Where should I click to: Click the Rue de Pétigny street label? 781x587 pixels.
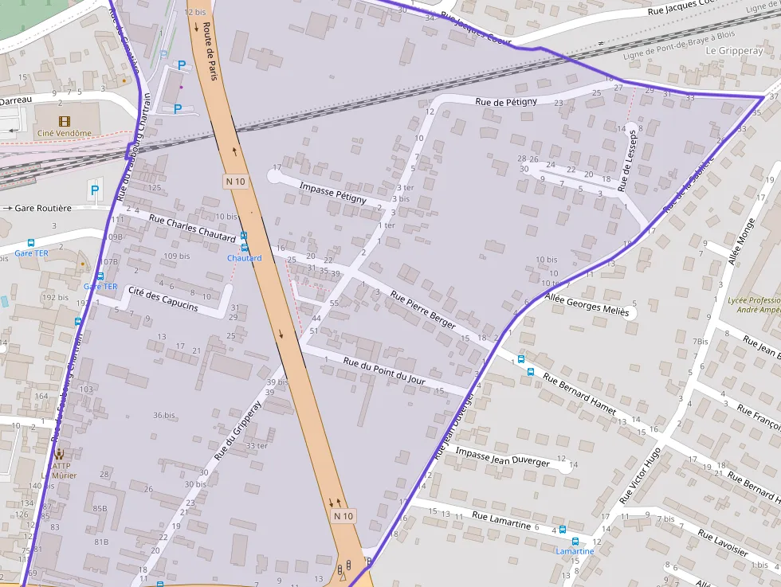(506, 102)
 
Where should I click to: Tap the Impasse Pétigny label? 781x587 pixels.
(332, 192)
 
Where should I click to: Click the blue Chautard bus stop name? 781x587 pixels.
(244, 258)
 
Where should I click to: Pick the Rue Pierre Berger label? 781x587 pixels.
(422, 309)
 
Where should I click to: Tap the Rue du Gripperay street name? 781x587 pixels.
(237, 431)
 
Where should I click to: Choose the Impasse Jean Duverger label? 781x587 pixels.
(502, 456)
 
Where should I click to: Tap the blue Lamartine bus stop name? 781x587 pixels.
(575, 551)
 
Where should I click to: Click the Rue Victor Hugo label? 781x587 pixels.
(640, 475)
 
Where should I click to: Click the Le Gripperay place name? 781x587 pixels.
(734, 50)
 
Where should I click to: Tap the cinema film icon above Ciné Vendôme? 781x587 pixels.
(65, 120)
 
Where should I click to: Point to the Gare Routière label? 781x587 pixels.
(43, 208)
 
